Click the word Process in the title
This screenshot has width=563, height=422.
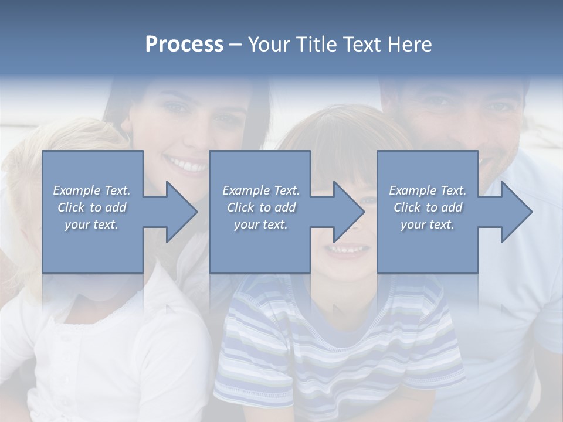coord(184,45)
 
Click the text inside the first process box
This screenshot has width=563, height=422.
coord(91,207)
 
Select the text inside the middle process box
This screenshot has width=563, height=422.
coord(260,207)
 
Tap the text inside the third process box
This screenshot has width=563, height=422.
coord(428,207)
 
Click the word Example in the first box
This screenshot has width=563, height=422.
coord(77,190)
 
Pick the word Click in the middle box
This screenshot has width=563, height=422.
coord(239,207)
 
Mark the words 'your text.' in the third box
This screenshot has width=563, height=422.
coord(428,224)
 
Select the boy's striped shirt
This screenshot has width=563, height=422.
coord(328,352)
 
